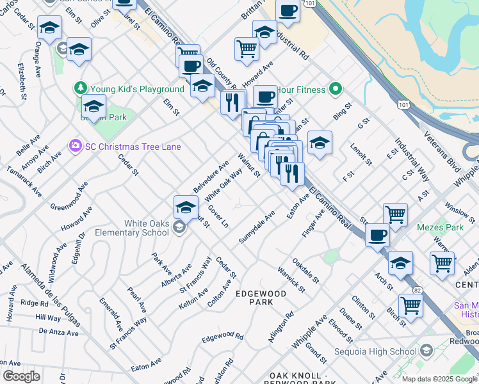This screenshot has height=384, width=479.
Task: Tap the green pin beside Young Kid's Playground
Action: pyautogui.click(x=81, y=88)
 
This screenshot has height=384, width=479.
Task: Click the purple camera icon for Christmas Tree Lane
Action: pyautogui.click(x=76, y=147)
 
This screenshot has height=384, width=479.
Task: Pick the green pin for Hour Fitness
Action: pyautogui.click(x=334, y=89)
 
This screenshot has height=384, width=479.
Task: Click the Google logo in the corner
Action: pyautogui.click(x=21, y=377)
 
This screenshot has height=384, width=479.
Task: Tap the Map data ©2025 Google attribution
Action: pyautogui.click(x=439, y=379)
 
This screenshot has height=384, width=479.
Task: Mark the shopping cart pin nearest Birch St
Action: pyautogui.click(x=410, y=305)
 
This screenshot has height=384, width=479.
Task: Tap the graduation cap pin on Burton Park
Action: pyautogui.click(x=93, y=106)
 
